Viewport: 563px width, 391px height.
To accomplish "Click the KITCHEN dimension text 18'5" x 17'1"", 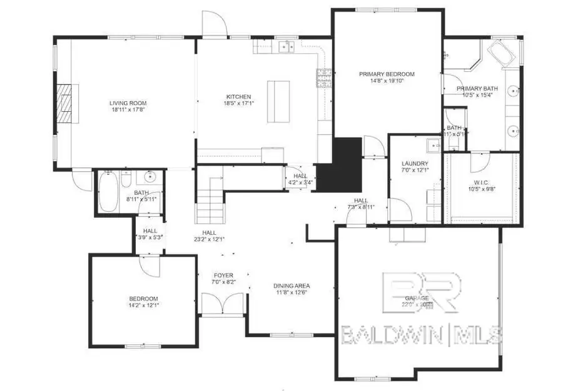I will (x=238, y=104).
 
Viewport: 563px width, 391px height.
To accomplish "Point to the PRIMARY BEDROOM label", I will (x=387, y=74).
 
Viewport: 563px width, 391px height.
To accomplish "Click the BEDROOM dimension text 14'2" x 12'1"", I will (x=144, y=306).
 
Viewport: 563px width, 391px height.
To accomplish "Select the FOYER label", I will (x=224, y=275).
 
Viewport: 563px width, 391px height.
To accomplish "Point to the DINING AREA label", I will (x=292, y=286).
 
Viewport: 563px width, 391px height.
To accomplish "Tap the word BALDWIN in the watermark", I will (x=392, y=335).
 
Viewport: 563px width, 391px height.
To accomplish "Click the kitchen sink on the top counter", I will (x=288, y=46).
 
